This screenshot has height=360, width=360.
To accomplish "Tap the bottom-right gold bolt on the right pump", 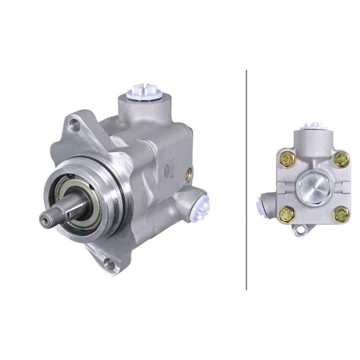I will click(341, 213).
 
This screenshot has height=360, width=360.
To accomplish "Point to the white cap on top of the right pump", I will click(310, 126).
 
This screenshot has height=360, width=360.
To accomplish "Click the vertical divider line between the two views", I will click(246, 180).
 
